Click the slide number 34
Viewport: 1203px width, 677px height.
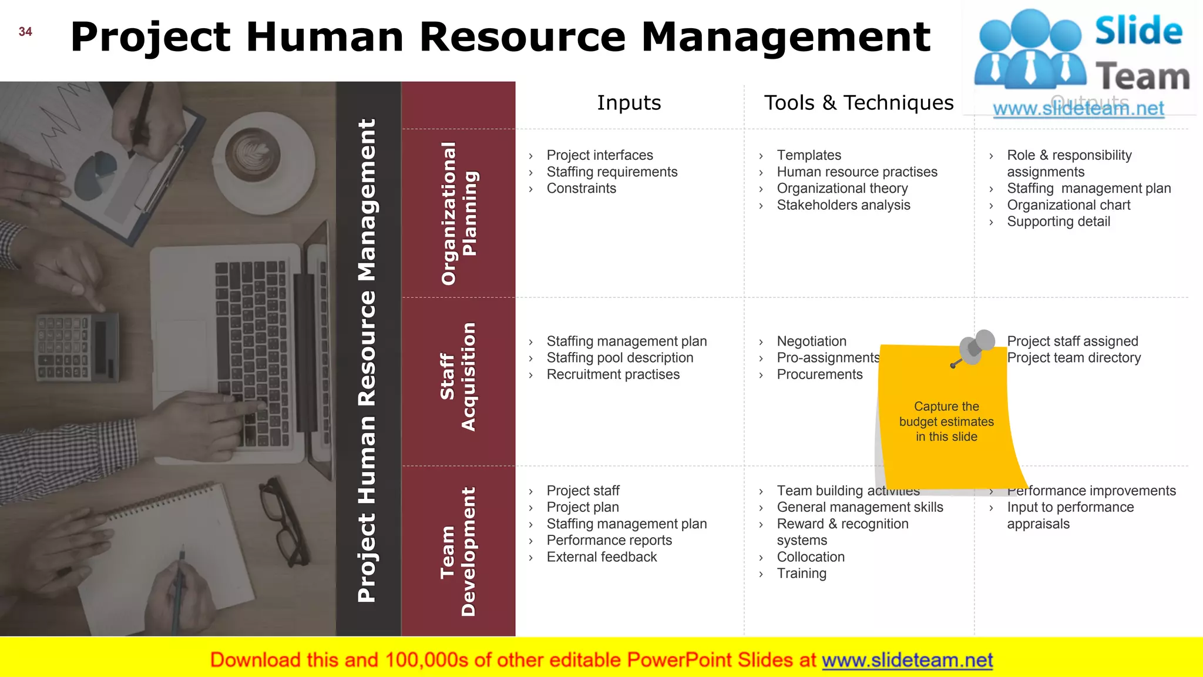[25, 32]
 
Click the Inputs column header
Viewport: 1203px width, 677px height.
[629, 103]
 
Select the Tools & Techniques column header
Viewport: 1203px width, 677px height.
[859, 103]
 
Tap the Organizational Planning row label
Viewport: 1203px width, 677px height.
[459, 213]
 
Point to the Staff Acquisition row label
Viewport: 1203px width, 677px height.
[459, 377]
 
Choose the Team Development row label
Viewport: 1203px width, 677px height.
[459, 551]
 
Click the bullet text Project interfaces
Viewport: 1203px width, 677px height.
[600, 155]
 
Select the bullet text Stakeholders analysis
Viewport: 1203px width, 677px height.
[844, 205]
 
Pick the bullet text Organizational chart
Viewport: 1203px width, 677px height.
[1068, 205]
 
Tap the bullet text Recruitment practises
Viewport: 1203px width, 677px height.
[613, 374]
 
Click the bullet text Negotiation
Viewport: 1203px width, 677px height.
[812, 341]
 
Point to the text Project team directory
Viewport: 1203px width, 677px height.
[1074, 358]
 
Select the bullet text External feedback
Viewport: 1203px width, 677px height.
[602, 557]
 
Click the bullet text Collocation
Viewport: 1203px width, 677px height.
[811, 557]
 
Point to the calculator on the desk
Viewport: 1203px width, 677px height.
[76, 346]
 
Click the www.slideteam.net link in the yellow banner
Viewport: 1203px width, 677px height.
[908, 661]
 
